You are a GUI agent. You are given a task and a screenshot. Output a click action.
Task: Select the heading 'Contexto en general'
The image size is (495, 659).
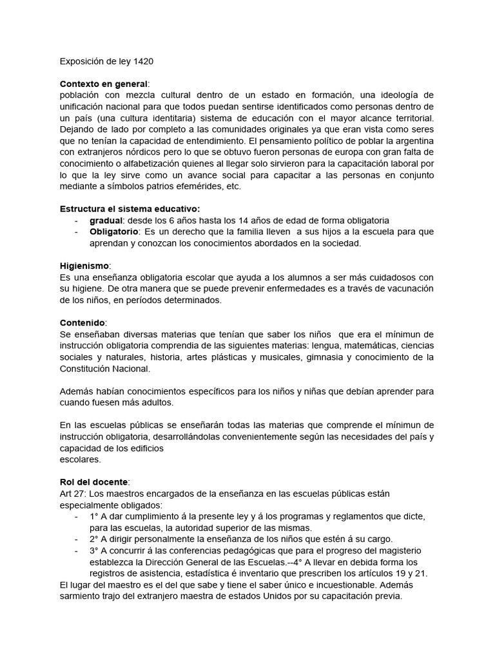tap(103, 84)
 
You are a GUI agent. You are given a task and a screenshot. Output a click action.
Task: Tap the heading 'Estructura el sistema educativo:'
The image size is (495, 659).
tap(130, 209)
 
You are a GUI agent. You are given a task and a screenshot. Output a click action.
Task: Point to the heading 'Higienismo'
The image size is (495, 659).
tap(84, 265)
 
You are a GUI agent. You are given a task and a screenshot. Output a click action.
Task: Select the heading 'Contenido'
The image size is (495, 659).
tap(82, 322)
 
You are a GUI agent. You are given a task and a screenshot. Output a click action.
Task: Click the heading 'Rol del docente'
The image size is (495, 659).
tap(93, 481)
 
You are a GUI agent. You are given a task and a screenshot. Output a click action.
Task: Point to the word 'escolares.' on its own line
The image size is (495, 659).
tap(80, 459)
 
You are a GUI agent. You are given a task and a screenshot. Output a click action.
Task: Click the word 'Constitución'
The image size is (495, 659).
tap(86, 368)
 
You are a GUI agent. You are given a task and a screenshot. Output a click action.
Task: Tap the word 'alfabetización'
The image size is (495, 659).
tap(143, 163)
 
